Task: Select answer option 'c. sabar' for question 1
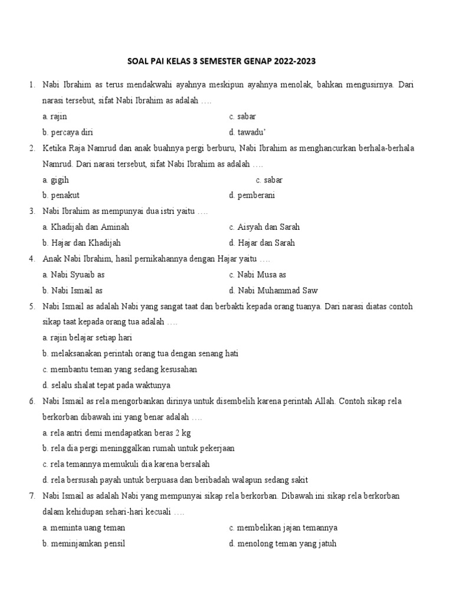tap(242, 116)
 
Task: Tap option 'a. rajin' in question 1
tap(55, 116)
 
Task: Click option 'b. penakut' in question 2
tap(61, 196)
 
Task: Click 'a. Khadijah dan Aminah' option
tap(86, 227)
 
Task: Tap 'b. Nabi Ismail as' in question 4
tap(73, 291)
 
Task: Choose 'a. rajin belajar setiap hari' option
tap(87, 338)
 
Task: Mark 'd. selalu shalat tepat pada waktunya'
tap(106, 385)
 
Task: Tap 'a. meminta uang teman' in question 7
tap(84, 528)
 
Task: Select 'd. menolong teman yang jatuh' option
tap(283, 544)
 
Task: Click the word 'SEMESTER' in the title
tap(228, 61)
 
